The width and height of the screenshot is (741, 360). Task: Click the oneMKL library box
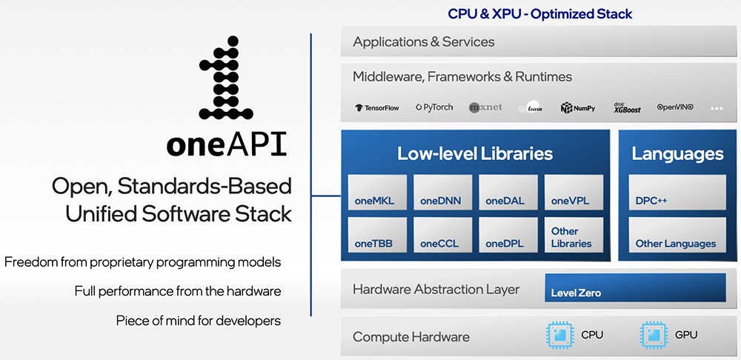click(377, 193)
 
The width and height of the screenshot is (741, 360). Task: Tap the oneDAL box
click(508, 193)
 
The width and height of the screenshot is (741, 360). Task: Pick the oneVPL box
click(573, 193)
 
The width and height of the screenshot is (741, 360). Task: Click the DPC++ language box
click(677, 193)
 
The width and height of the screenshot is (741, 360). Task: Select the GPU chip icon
click(651, 335)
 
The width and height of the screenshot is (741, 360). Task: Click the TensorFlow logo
click(377, 107)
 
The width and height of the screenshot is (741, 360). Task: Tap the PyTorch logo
click(434, 107)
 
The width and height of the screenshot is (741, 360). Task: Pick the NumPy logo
click(578, 107)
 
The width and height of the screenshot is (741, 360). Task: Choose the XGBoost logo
click(626, 107)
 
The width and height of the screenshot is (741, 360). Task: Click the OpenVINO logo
click(675, 107)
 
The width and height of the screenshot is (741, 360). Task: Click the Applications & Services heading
click(423, 42)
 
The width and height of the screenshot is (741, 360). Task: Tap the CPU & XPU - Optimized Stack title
click(540, 13)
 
